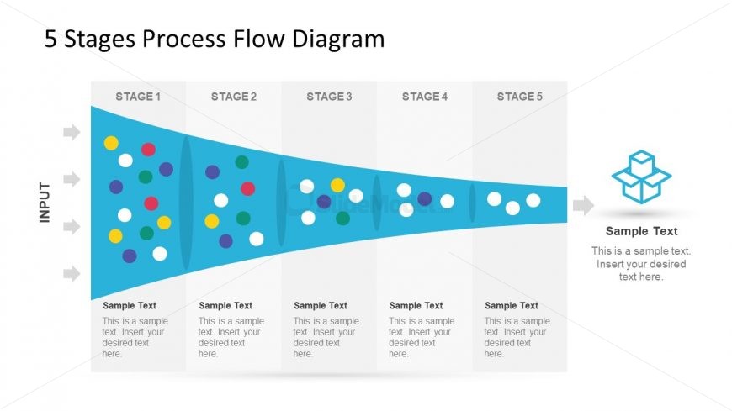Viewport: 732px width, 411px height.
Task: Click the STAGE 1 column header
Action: [x=138, y=97]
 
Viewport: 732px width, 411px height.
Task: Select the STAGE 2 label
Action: [x=234, y=97]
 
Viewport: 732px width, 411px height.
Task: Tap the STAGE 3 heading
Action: [x=330, y=97]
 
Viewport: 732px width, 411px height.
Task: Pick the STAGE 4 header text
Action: [x=425, y=97]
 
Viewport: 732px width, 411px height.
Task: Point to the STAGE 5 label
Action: [x=520, y=97]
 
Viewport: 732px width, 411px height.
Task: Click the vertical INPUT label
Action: [x=45, y=202]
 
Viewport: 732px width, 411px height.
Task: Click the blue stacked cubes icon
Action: [x=641, y=177]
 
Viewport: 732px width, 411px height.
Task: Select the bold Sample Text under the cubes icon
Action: [x=641, y=231]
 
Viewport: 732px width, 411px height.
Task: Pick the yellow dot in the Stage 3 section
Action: [x=337, y=185]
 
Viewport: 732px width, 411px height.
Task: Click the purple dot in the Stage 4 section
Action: [x=425, y=199]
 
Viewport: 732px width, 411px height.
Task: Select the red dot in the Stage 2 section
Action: [x=247, y=188]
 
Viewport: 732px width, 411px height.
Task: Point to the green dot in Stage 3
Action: [x=342, y=219]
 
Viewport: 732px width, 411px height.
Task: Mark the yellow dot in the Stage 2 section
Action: [x=212, y=221]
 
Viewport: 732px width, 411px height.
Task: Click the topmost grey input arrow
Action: [x=72, y=132]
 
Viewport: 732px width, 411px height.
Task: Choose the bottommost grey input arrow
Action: [x=72, y=273]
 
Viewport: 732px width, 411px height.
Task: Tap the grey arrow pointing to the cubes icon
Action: [x=583, y=205]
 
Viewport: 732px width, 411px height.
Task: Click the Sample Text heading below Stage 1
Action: [x=130, y=306]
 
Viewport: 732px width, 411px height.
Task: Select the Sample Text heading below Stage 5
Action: [x=512, y=306]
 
